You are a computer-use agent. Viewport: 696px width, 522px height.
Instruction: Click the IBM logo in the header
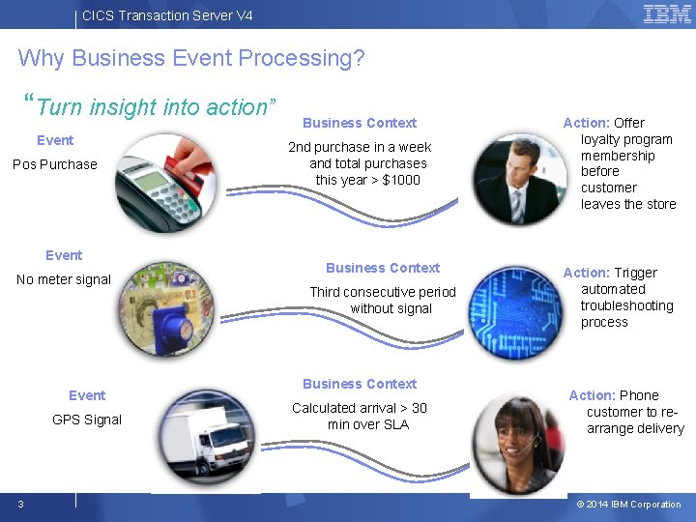667,14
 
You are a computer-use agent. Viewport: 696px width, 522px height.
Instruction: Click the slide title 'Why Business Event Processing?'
191,58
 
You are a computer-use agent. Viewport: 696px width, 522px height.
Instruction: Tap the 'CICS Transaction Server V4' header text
167,15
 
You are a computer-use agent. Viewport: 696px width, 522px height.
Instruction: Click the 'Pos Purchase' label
55,164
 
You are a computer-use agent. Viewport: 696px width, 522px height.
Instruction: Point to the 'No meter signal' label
64,279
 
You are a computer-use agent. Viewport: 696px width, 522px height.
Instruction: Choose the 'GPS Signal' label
87,420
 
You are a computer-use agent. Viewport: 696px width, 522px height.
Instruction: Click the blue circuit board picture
516,309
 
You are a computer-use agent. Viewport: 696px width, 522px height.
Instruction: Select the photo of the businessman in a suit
518,180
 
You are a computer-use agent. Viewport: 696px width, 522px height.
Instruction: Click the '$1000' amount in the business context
401,180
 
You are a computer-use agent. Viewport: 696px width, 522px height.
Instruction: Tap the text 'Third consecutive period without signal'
383,300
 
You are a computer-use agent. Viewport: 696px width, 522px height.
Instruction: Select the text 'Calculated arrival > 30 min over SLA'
360,416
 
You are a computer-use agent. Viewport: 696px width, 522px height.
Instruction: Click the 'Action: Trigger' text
610,273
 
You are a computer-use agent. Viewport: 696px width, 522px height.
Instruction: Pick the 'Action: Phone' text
614,395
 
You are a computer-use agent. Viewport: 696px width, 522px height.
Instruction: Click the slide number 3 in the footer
20,504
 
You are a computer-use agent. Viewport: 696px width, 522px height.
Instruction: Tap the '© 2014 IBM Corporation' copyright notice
628,505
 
